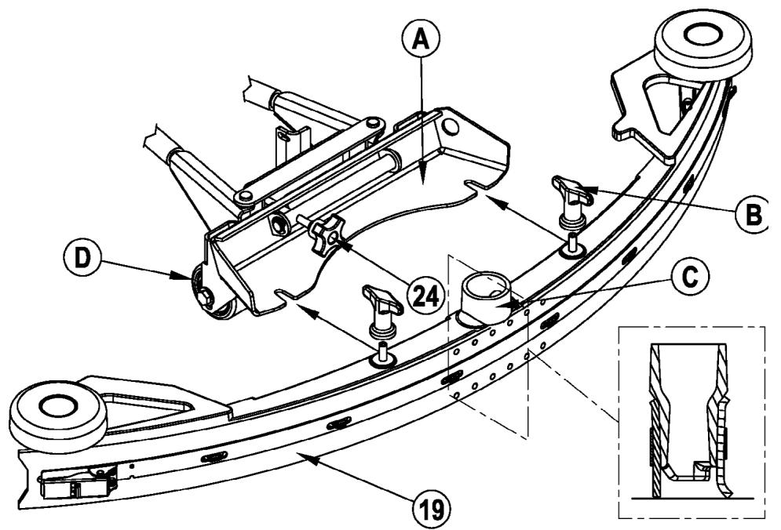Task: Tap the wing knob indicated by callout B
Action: (571, 191)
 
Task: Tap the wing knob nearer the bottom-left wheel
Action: (382, 302)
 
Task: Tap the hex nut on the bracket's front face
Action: (279, 227)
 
